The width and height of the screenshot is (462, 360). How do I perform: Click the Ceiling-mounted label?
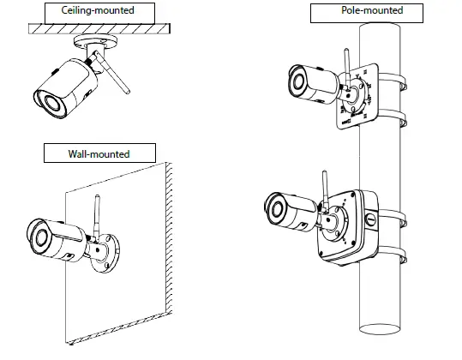pos(98,10)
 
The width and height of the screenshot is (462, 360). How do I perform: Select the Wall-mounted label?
pos(99,154)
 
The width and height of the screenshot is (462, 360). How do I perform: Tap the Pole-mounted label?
pos(372,10)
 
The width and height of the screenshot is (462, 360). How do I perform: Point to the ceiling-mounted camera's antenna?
pos(111,72)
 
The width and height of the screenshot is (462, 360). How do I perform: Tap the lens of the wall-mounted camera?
pos(40,237)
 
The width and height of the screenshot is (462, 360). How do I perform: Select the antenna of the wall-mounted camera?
pos(97,216)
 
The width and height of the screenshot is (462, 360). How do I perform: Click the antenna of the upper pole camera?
pos(347,69)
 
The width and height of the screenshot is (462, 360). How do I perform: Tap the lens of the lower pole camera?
pos(277,209)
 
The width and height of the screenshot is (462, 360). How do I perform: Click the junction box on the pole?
pos(348,227)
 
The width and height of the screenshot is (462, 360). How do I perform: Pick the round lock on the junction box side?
pos(370,219)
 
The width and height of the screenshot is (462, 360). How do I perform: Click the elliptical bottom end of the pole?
pos(380,329)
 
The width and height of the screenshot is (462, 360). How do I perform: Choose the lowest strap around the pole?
pos(393,255)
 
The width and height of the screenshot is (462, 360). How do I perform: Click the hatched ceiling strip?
pos(99,28)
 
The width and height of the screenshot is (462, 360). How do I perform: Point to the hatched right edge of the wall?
pos(169,237)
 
